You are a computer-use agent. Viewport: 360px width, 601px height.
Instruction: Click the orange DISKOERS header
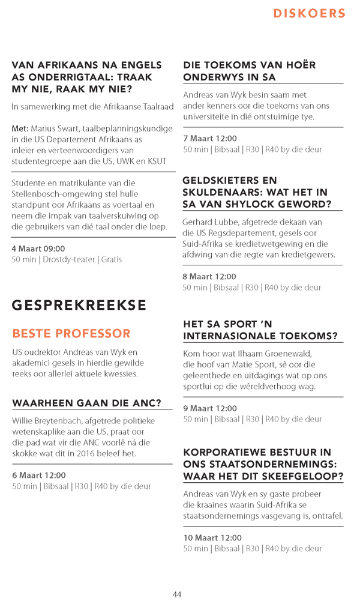[x=309, y=14]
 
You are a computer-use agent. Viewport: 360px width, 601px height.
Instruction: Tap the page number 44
[x=177, y=594]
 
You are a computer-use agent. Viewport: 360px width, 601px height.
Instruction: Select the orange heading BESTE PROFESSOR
[x=71, y=333]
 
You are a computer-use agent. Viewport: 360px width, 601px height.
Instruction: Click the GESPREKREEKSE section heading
[x=79, y=305]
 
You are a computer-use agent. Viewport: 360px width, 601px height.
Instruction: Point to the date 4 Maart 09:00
[x=38, y=249]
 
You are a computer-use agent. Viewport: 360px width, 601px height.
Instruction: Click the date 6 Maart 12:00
[x=39, y=475]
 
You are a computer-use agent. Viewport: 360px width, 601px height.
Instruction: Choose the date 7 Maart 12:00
[x=209, y=138]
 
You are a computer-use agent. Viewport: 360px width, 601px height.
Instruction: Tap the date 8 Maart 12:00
[x=209, y=277]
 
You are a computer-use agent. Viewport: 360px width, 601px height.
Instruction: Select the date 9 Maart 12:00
[x=209, y=408]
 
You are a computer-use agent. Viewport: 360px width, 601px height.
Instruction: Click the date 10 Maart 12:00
[x=212, y=538]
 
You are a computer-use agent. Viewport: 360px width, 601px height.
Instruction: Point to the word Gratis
[x=112, y=259]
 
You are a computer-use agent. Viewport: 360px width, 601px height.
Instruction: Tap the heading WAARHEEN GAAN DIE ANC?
[x=87, y=403]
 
